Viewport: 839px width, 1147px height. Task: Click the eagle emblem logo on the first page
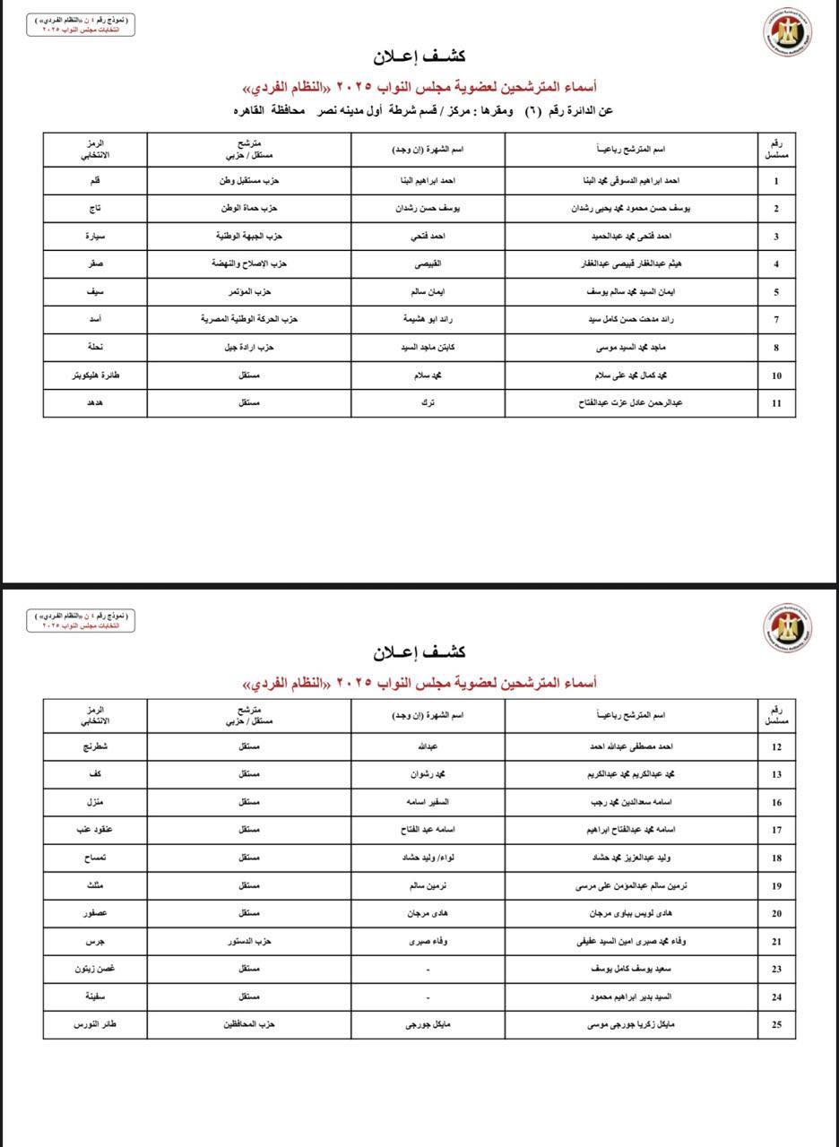(x=788, y=33)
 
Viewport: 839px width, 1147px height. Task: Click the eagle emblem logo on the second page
(x=788, y=627)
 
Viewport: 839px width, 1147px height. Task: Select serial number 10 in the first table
(x=776, y=375)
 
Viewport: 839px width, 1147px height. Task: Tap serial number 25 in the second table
(x=776, y=1023)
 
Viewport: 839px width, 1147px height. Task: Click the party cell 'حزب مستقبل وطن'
(x=249, y=180)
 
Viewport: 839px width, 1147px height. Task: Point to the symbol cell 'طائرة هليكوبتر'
(x=96, y=375)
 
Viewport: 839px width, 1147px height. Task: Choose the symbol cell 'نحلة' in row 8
(x=96, y=348)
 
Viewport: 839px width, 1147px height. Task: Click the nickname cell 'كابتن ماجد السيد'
(x=428, y=348)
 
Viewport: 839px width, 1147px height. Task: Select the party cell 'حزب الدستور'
(x=249, y=941)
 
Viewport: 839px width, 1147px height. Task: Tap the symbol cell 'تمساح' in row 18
(x=96, y=858)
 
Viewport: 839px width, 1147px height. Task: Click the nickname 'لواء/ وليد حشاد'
(x=428, y=858)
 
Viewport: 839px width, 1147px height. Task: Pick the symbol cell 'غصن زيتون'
(x=96, y=969)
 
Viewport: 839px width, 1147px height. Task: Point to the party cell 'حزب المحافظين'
(x=249, y=1023)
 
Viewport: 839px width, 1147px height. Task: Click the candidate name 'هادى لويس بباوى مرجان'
(x=631, y=913)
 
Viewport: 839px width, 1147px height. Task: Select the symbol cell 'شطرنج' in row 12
(x=96, y=746)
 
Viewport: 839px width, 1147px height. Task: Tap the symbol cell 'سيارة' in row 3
(x=96, y=237)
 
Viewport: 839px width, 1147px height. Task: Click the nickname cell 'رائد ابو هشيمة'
(x=428, y=319)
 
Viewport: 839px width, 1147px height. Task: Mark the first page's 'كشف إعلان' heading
(x=419, y=56)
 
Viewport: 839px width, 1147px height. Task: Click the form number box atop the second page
(x=81, y=620)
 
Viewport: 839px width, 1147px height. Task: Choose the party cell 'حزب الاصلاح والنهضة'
(x=249, y=264)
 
